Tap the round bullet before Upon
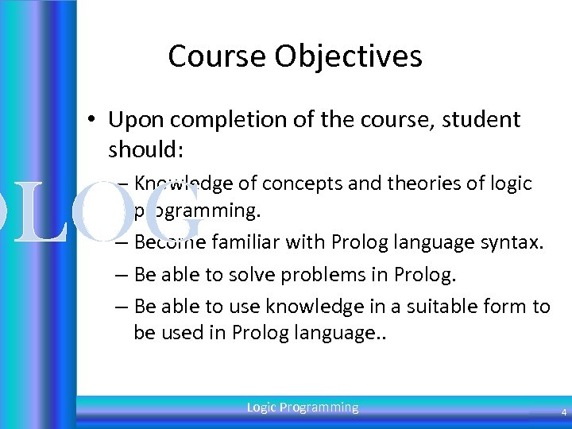(x=93, y=121)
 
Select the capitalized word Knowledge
(x=184, y=184)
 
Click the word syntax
(x=516, y=242)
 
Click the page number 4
(x=563, y=413)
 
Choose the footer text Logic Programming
(x=303, y=408)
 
